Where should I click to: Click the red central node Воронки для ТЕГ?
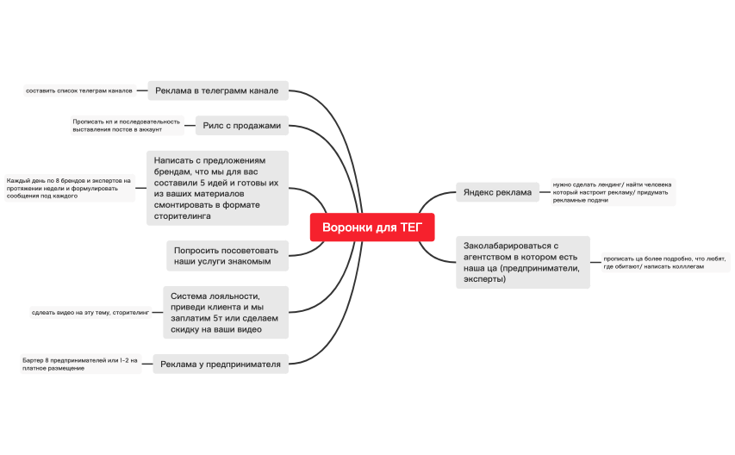click(372, 227)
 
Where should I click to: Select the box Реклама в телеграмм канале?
click(217, 90)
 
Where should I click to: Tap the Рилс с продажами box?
click(242, 125)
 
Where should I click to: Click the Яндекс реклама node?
click(497, 192)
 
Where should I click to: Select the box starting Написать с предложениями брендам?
click(217, 189)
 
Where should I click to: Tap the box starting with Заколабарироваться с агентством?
click(522, 262)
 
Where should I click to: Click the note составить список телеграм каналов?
click(78, 90)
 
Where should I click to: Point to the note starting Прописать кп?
click(126, 125)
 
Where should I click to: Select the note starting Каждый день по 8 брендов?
click(69, 188)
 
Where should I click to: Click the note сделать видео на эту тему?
click(90, 312)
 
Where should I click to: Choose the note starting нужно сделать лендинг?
click(612, 192)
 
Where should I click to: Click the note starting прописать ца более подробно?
click(664, 262)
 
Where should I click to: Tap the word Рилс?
click(214, 125)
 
